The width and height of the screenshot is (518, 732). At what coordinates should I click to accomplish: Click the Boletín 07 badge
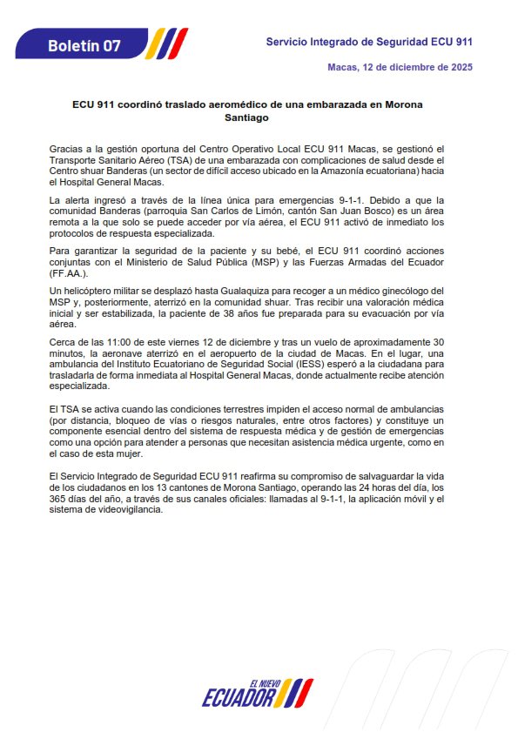coord(84,45)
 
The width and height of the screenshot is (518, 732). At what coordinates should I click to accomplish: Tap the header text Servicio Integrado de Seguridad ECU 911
coord(369,42)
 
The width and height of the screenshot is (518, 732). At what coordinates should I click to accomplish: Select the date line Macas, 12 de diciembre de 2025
coord(400,67)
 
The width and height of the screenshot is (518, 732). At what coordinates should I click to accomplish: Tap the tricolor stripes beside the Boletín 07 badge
coord(165,43)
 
